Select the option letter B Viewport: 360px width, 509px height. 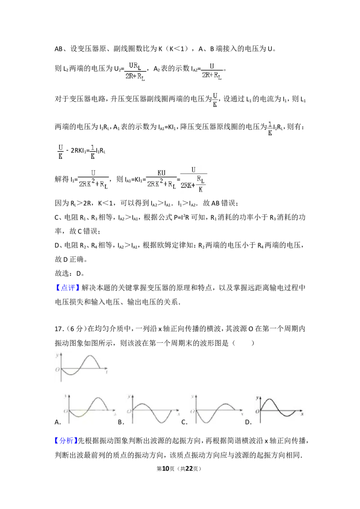121,422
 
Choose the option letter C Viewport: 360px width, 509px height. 184,422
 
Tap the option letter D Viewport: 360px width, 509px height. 248,422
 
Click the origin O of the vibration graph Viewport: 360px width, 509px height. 58,370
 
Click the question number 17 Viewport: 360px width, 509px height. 58,329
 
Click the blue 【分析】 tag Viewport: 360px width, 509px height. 66,441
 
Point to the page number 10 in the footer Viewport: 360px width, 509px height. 166,469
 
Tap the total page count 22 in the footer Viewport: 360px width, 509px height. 189,469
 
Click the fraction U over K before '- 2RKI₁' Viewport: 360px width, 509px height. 60,152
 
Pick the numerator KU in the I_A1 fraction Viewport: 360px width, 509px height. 162,173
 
